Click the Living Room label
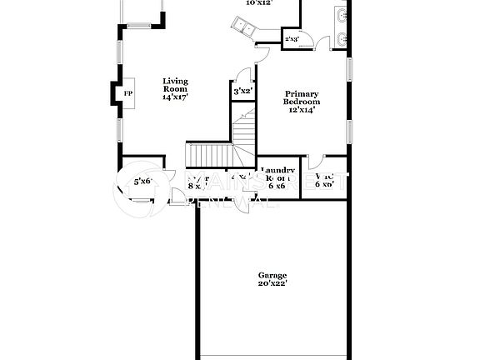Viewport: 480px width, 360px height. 175,84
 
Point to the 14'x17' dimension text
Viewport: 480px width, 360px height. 175,97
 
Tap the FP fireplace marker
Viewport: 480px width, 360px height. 127,93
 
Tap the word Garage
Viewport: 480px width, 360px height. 272,275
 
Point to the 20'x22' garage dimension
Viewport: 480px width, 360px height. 272,284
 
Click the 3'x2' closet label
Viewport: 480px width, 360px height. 242,91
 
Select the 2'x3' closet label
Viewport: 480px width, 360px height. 292,39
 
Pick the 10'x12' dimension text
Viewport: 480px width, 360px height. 259,2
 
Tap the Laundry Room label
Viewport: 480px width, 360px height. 277,176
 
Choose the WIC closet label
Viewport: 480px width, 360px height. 325,179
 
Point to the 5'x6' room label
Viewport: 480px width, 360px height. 142,181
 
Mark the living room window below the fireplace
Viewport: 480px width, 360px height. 120,129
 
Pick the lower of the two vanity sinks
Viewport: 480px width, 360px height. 343,37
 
